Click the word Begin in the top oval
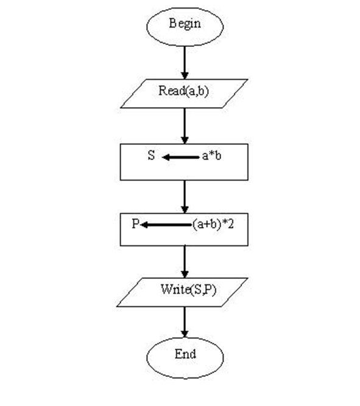(x=185, y=24)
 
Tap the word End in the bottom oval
(x=185, y=354)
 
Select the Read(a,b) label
(x=183, y=91)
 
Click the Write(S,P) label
(x=188, y=290)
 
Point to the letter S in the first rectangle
(x=151, y=155)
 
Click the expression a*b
(x=211, y=156)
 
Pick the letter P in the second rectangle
(x=136, y=223)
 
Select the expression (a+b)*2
(x=213, y=224)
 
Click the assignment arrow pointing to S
(x=181, y=157)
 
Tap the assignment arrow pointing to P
(x=166, y=225)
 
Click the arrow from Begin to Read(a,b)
(x=185, y=63)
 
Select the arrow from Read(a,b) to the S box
(x=185, y=126)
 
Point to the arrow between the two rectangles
(x=185, y=197)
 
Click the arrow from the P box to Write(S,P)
(x=185, y=262)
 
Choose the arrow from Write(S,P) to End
(x=185, y=323)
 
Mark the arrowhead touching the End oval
(x=185, y=334)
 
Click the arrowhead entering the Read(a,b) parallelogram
(x=185, y=75)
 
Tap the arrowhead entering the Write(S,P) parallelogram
(x=185, y=275)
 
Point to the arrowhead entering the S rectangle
(x=185, y=141)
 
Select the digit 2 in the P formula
(x=230, y=224)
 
